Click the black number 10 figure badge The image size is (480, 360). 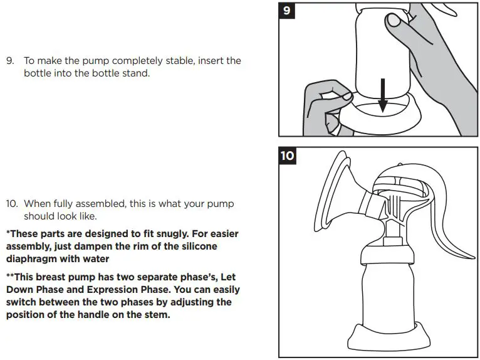[287, 155]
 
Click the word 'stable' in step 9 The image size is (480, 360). [188, 61]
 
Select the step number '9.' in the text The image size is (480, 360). [10, 61]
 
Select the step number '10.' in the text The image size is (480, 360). [12, 204]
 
